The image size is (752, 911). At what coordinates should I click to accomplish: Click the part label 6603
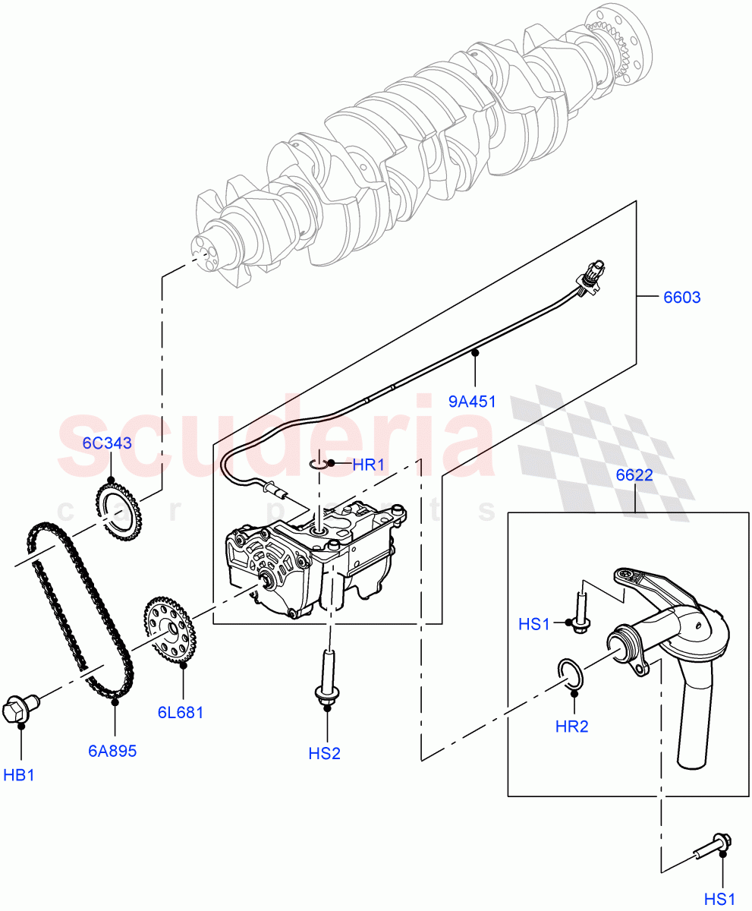(681, 298)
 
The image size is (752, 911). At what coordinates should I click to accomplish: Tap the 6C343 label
(108, 443)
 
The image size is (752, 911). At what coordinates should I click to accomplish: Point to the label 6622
(634, 475)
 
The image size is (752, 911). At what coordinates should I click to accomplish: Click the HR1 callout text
(369, 465)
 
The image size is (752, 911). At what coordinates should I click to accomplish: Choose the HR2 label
(571, 727)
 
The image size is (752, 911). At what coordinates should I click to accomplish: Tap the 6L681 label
(181, 713)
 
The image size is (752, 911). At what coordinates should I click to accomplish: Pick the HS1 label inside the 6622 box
(534, 623)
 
